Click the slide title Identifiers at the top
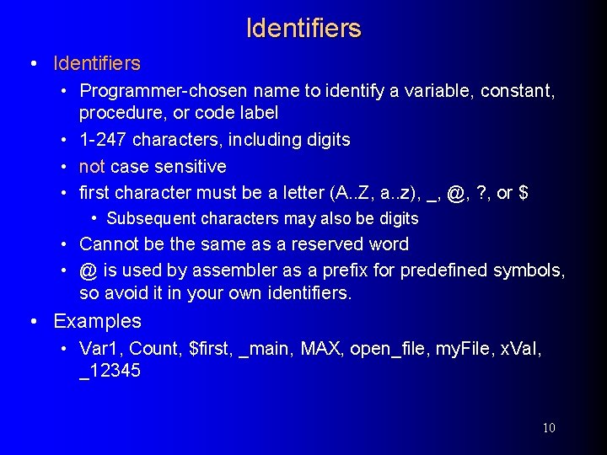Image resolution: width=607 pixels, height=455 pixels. pyautogui.click(x=303, y=28)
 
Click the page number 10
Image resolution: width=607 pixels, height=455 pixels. pyautogui.click(x=548, y=428)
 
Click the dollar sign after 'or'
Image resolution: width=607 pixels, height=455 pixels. pyautogui.click(x=524, y=193)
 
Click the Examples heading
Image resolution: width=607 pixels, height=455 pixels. pyautogui.click(x=97, y=321)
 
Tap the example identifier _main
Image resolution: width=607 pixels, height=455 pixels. pyautogui.click(x=265, y=349)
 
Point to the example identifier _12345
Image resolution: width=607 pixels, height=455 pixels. pyautogui.click(x=110, y=372)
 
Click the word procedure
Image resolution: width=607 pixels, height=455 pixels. pyautogui.click(x=118, y=112)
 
